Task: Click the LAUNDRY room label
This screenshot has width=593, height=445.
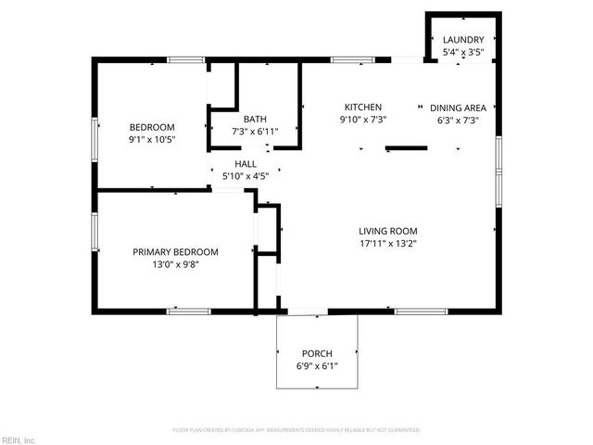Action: pos(462,40)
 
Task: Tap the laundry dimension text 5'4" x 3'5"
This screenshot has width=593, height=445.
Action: pos(462,52)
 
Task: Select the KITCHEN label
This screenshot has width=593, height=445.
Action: pos(363,107)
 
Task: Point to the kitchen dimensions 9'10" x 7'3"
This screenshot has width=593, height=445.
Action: pos(363,120)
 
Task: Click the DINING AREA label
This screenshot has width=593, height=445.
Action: pos(461,107)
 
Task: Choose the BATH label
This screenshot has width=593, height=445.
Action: pos(255,119)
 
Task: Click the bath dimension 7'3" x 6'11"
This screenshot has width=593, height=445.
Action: pos(255,132)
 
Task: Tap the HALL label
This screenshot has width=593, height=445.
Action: pos(245,163)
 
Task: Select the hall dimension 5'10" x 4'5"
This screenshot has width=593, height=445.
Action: pos(245,176)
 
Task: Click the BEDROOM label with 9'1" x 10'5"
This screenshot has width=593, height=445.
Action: pos(152,127)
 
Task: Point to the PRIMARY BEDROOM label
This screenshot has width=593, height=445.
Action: pos(175,251)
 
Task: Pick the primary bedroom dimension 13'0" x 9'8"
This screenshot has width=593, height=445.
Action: pos(175,264)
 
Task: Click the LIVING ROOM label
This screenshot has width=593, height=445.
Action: pos(388,231)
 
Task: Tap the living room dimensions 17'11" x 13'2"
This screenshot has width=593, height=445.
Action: pos(388,244)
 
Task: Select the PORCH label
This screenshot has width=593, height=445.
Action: pos(317,353)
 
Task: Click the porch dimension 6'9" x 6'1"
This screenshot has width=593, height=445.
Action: pos(317,366)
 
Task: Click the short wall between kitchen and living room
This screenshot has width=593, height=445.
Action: pos(406,146)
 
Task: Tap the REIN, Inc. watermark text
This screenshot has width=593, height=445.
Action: pos(19,439)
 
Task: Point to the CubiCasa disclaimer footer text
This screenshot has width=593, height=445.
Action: pos(296,430)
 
